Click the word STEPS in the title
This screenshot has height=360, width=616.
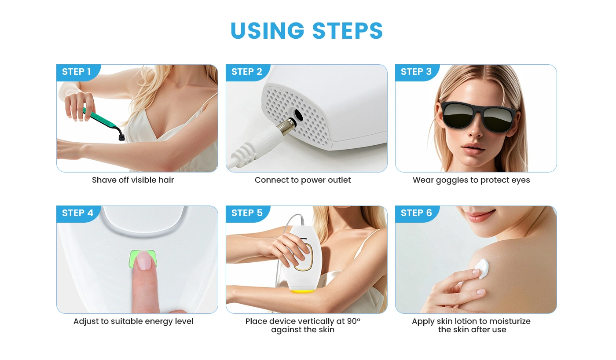(348, 30)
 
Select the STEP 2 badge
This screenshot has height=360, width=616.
(247, 72)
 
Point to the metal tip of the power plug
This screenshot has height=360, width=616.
(286, 125)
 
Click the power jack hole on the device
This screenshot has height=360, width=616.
(298, 115)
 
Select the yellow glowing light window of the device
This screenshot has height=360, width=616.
(303, 291)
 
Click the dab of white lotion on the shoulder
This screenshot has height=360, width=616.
(482, 268)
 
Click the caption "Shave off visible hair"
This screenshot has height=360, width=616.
(133, 180)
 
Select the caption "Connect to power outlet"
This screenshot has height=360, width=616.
(303, 180)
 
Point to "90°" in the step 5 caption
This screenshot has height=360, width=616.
(354, 321)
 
